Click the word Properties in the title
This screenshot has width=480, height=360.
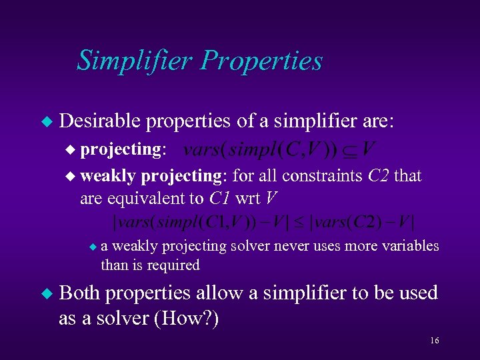point(262,61)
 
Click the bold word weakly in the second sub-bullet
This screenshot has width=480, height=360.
point(108,176)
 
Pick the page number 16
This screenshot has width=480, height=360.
point(434,341)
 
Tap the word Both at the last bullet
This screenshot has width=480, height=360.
point(79,293)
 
